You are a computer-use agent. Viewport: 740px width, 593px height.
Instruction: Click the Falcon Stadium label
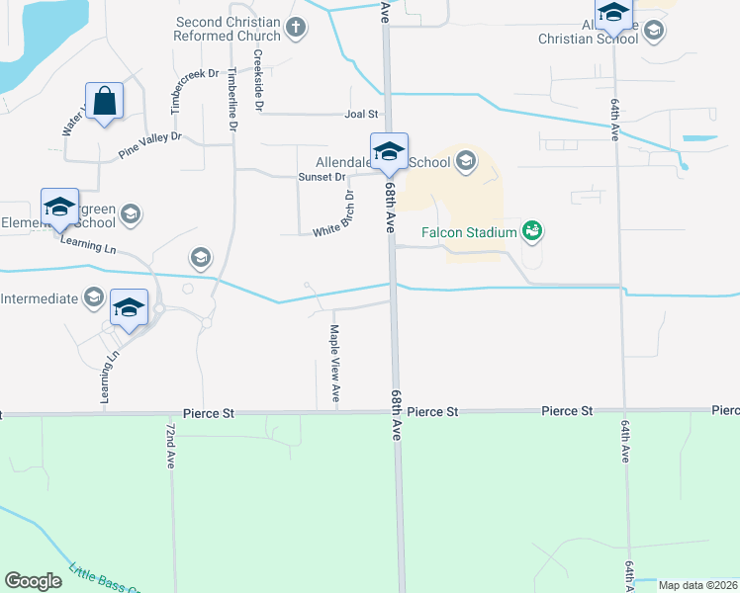[x=470, y=232]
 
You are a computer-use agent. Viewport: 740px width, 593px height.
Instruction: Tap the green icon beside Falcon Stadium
[x=533, y=231]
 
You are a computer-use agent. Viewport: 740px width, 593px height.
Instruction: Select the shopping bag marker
[x=104, y=101]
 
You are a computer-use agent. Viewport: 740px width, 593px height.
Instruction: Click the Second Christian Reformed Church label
[x=230, y=30]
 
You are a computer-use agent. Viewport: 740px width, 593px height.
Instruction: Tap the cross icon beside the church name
[x=296, y=30]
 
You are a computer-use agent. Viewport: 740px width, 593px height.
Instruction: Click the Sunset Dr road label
[x=322, y=177]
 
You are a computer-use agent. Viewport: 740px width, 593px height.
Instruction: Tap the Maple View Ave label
[x=335, y=364]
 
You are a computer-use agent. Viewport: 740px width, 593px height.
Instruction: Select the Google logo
[x=34, y=581]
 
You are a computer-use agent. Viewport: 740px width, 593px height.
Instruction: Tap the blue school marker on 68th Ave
[x=389, y=151]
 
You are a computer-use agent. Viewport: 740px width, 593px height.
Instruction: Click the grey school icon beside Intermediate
[x=94, y=297]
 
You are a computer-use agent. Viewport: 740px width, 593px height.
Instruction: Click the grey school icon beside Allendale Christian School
[x=652, y=32]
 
